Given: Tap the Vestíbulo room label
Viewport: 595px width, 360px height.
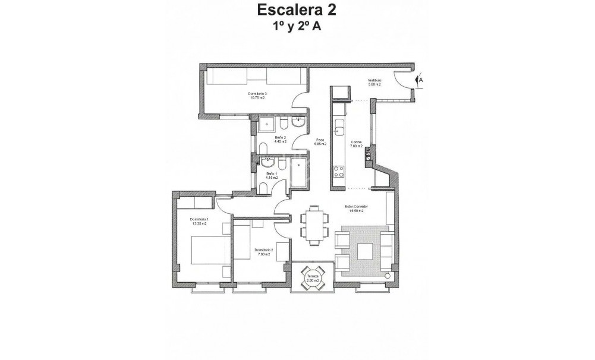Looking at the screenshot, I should tap(374, 82).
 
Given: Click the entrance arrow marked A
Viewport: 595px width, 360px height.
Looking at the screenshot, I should tap(420, 78).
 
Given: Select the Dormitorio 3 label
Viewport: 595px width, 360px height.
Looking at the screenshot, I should tap(257, 96).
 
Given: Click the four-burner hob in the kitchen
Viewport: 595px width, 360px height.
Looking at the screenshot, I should tap(340, 172).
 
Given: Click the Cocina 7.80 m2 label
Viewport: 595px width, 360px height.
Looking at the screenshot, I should tap(357, 144).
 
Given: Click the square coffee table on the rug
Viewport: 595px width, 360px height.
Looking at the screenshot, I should tap(364, 252).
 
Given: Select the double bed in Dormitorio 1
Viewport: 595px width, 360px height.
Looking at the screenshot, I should tap(207, 250).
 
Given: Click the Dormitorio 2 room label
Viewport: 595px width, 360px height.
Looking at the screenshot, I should tap(264, 252).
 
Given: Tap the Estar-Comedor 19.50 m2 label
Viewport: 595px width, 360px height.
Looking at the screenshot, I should tap(357, 209).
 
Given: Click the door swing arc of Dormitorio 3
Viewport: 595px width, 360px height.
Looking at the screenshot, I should tap(301, 102).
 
